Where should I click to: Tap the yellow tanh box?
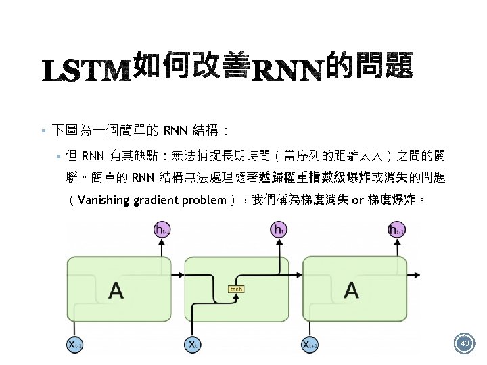point(236,289)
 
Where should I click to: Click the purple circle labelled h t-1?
point(162,230)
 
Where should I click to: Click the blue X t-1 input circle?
point(75,345)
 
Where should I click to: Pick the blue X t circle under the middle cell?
point(192,345)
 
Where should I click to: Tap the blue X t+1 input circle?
point(310,345)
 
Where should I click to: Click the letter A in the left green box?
point(116,291)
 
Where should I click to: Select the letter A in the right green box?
point(352,291)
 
